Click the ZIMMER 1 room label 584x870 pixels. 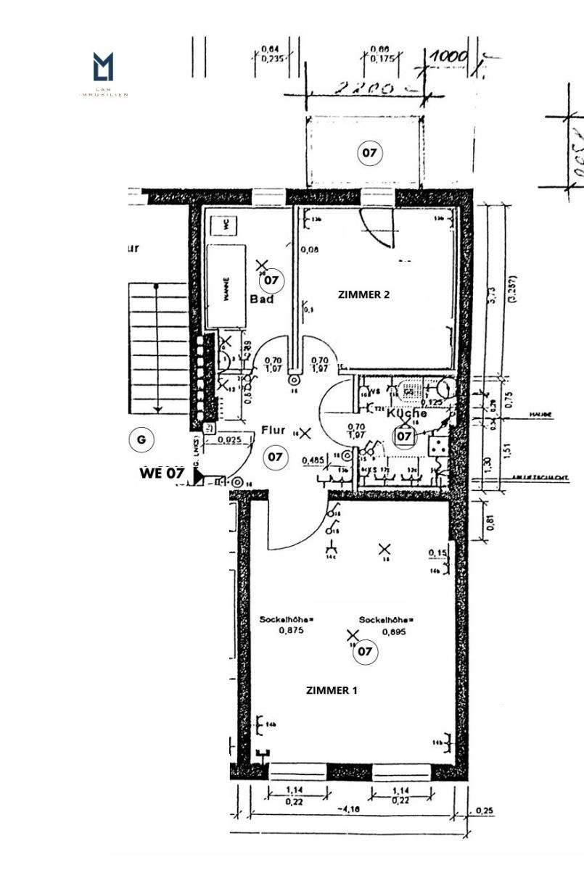(332, 690)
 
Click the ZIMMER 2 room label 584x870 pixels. (364, 294)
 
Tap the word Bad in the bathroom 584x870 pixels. (261, 299)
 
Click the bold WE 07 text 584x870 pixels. (161, 473)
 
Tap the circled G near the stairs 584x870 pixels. (141, 439)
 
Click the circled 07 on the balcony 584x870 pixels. (369, 153)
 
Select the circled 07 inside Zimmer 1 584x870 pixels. (365, 651)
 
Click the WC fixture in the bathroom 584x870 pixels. (226, 225)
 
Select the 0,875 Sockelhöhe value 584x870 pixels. (279, 631)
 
